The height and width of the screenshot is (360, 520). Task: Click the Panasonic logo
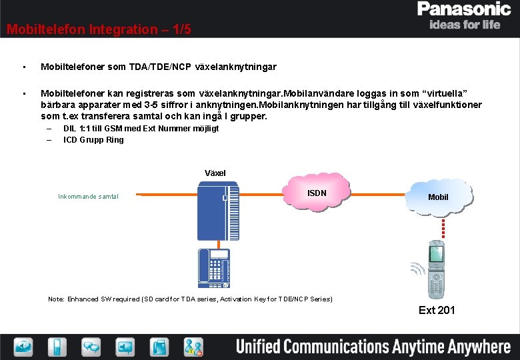click(463, 9)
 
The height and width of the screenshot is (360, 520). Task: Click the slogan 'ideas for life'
click(465, 25)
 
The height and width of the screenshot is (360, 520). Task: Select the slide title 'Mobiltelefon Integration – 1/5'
click(99, 29)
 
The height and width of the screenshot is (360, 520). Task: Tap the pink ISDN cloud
click(317, 193)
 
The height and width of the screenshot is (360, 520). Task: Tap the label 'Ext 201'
click(437, 310)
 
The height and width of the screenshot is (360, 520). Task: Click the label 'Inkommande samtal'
click(88, 197)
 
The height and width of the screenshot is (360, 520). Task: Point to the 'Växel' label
click(215, 173)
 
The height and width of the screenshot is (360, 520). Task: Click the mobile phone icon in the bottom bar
click(57, 347)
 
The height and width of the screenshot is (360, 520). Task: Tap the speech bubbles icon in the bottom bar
click(91, 347)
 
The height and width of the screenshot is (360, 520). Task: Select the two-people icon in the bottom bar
click(194, 347)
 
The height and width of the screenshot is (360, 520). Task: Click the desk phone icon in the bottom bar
click(160, 347)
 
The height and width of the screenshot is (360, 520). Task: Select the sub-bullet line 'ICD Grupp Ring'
click(93, 140)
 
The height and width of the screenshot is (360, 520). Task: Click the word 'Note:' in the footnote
click(56, 299)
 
